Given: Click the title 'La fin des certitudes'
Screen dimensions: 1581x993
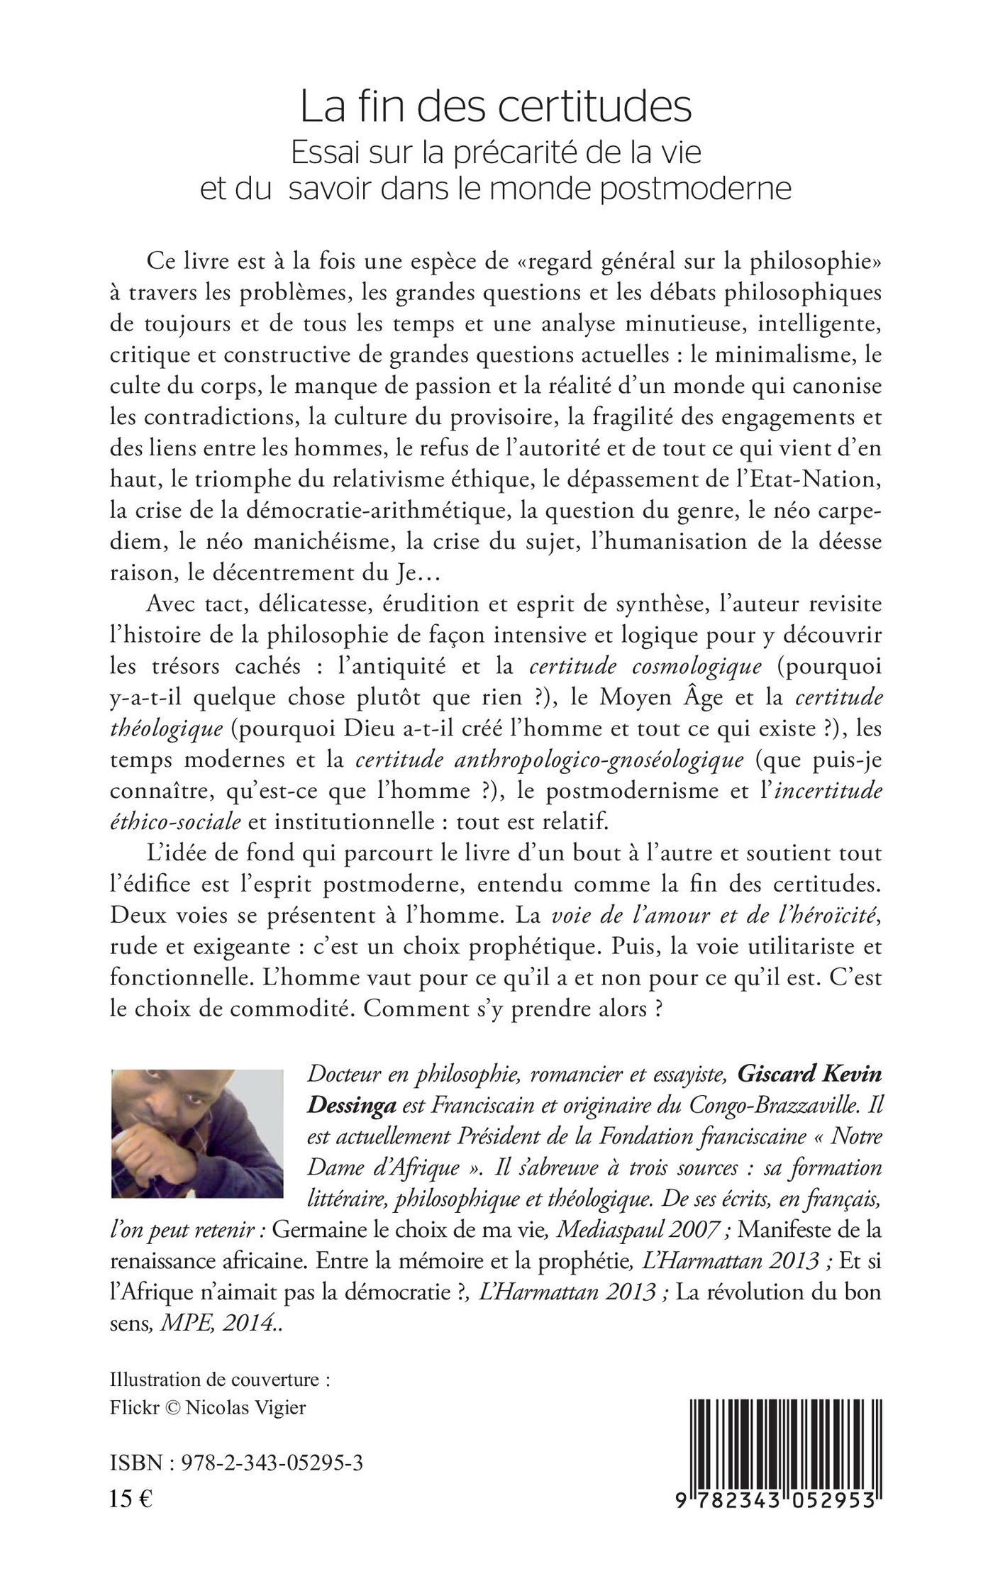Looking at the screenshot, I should (x=496, y=106).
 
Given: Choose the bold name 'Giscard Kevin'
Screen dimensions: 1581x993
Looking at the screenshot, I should (x=809, y=1075).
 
